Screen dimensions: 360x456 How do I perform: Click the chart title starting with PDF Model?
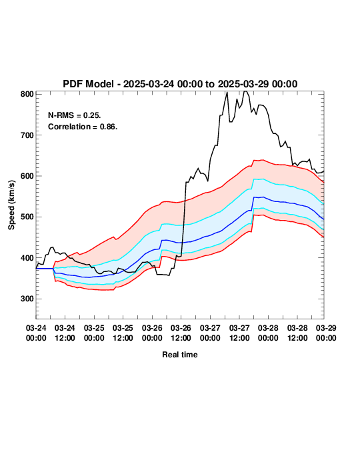pos(180,84)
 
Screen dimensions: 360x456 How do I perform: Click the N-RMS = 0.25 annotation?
pos(74,115)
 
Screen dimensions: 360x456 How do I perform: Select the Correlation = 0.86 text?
pos(83,127)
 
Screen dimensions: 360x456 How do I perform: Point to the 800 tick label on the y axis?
pos(27,94)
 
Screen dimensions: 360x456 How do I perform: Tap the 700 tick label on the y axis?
pos(27,135)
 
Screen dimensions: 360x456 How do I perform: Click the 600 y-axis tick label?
pos(27,176)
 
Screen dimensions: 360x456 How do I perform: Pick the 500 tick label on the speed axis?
pos(27,217)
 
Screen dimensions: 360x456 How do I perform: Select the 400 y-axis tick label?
pos(27,258)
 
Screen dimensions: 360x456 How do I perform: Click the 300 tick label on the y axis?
pos(27,299)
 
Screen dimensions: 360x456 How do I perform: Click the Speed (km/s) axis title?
pos(11,205)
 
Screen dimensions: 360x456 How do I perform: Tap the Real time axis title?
pos(180,355)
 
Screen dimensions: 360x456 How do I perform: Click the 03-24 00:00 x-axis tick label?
pos(36,333)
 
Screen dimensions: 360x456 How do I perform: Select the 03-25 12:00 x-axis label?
pos(123,333)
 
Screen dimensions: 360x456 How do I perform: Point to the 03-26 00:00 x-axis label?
pos(152,333)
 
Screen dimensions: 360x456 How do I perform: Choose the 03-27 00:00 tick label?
pos(210,333)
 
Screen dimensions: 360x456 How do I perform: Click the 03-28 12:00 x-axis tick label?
pos(297,333)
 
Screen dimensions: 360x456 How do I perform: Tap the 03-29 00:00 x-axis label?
pos(326,333)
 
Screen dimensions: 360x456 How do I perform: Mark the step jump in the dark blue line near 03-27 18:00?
pos(253,203)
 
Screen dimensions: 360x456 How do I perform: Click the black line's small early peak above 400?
pos(52,247)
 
